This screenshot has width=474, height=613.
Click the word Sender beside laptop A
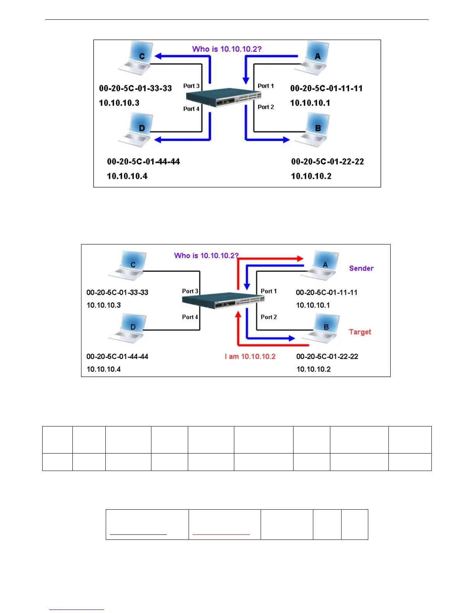point(361,268)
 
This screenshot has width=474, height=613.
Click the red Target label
point(360,332)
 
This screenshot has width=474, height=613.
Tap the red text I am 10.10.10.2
point(250,356)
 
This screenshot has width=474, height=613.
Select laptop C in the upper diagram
point(136,58)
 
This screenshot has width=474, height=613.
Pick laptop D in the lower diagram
point(128,329)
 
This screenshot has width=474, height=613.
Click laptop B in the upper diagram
point(313,130)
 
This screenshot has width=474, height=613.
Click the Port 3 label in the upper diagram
point(191,86)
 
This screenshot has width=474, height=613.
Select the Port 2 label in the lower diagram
point(269,317)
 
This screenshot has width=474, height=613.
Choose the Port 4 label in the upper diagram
point(191,109)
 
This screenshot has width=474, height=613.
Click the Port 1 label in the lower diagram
point(269,291)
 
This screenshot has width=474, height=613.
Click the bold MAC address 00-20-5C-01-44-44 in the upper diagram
point(143,161)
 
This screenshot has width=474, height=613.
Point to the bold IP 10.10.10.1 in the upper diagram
point(310,103)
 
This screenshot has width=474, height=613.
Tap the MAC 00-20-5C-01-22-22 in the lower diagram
point(327,356)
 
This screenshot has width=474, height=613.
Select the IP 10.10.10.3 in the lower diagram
point(103,305)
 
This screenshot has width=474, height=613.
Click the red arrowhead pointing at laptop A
point(300,259)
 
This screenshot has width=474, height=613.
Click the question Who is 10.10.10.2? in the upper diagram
point(227,49)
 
